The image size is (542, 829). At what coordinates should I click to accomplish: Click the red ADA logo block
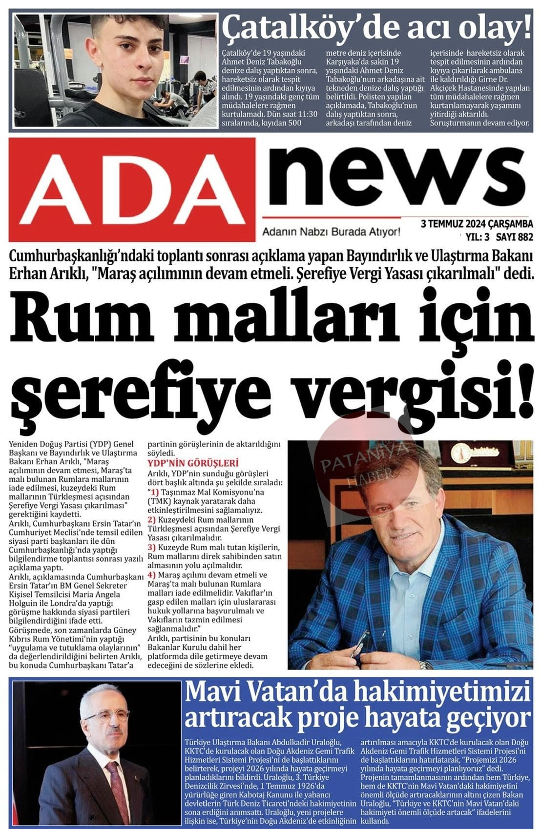[132, 189]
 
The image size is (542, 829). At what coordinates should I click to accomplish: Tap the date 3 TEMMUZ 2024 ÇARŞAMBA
[477, 224]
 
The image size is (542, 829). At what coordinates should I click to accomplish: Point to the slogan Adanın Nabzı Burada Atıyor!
[331, 232]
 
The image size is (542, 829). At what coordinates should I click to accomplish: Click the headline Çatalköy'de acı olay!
[376, 28]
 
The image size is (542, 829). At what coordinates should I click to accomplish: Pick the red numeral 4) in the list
[152, 575]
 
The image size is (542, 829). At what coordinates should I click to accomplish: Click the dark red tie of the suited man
[118, 790]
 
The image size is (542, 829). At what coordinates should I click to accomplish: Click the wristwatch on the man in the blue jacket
[425, 665]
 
